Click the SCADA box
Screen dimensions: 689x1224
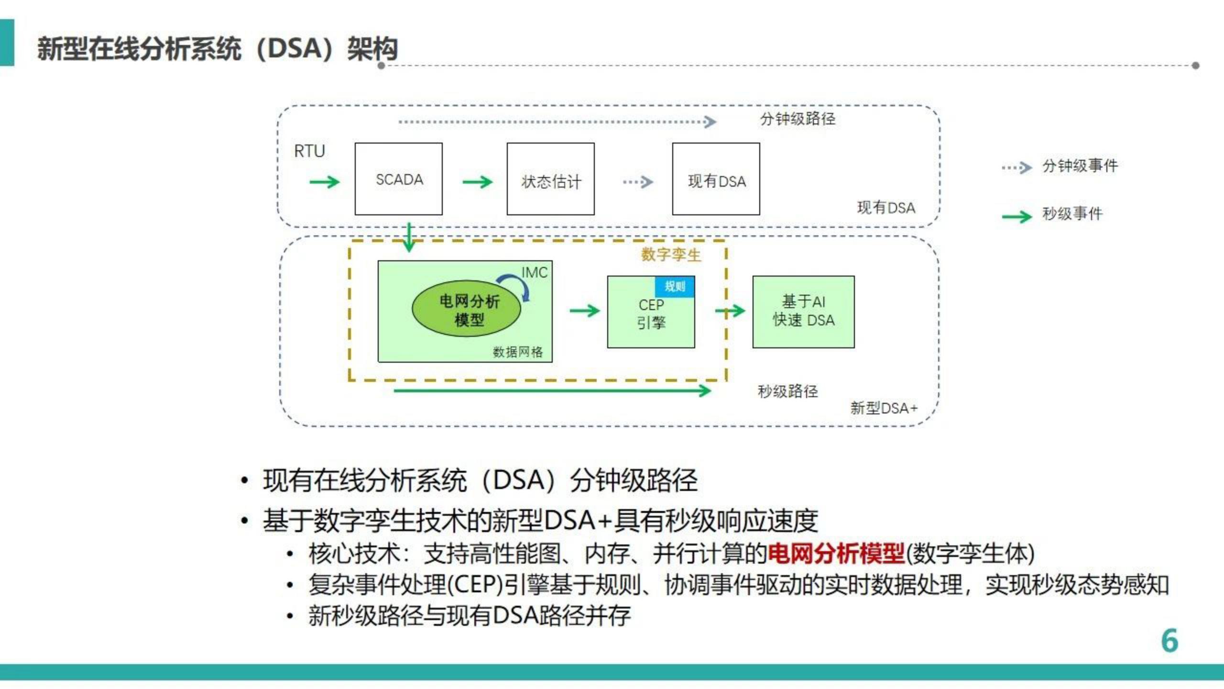click(398, 179)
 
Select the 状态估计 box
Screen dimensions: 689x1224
click(550, 179)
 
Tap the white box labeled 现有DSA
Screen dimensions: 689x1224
click(716, 179)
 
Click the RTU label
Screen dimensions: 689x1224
click(309, 151)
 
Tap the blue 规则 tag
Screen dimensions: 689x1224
click(675, 287)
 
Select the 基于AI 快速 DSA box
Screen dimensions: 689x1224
click(803, 311)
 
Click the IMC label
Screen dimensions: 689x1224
click(534, 273)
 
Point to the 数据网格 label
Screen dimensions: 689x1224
click(518, 352)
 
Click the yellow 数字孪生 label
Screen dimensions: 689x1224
click(671, 255)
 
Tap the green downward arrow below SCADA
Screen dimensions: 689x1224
click(409, 237)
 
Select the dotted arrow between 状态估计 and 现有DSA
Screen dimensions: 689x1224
click(638, 182)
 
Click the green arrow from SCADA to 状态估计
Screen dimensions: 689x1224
click(477, 182)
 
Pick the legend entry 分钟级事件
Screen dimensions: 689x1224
click(1080, 166)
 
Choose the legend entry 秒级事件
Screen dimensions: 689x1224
click(1072, 214)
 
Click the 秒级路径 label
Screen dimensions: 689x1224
click(787, 391)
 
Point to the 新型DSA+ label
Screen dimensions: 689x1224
click(884, 408)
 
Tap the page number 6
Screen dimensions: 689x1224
click(1169, 641)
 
